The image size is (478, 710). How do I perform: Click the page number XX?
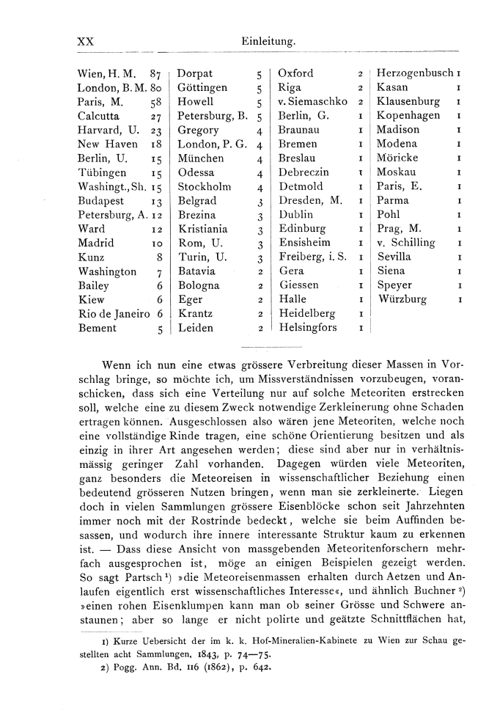tap(86, 43)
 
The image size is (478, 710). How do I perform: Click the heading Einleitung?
tap(268, 43)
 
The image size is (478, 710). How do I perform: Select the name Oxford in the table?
tap(296, 73)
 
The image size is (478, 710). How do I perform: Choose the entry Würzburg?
tap(402, 299)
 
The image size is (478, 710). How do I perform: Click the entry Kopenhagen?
tap(408, 116)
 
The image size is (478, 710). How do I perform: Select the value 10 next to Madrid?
tap(155, 243)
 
